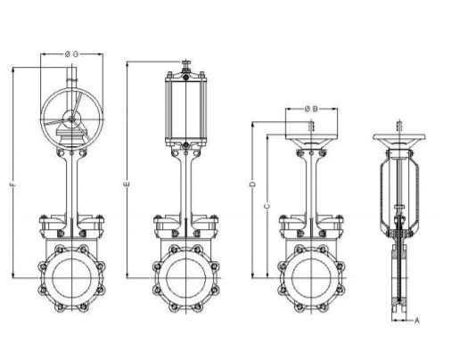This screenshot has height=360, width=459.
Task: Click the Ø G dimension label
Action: (x=71, y=54)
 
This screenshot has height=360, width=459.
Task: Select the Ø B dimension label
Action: (x=311, y=109)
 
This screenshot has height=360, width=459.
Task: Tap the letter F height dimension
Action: (x=12, y=184)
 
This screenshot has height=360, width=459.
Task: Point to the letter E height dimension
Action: (x=127, y=184)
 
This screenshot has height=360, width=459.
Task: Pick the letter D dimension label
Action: (x=252, y=184)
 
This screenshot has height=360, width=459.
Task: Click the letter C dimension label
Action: (x=267, y=206)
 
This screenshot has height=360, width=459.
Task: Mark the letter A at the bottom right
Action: (x=417, y=321)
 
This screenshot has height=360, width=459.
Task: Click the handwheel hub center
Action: (x=71, y=119)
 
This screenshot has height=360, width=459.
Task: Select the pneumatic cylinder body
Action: (x=186, y=109)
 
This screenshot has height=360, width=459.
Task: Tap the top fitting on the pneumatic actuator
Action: (x=186, y=65)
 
